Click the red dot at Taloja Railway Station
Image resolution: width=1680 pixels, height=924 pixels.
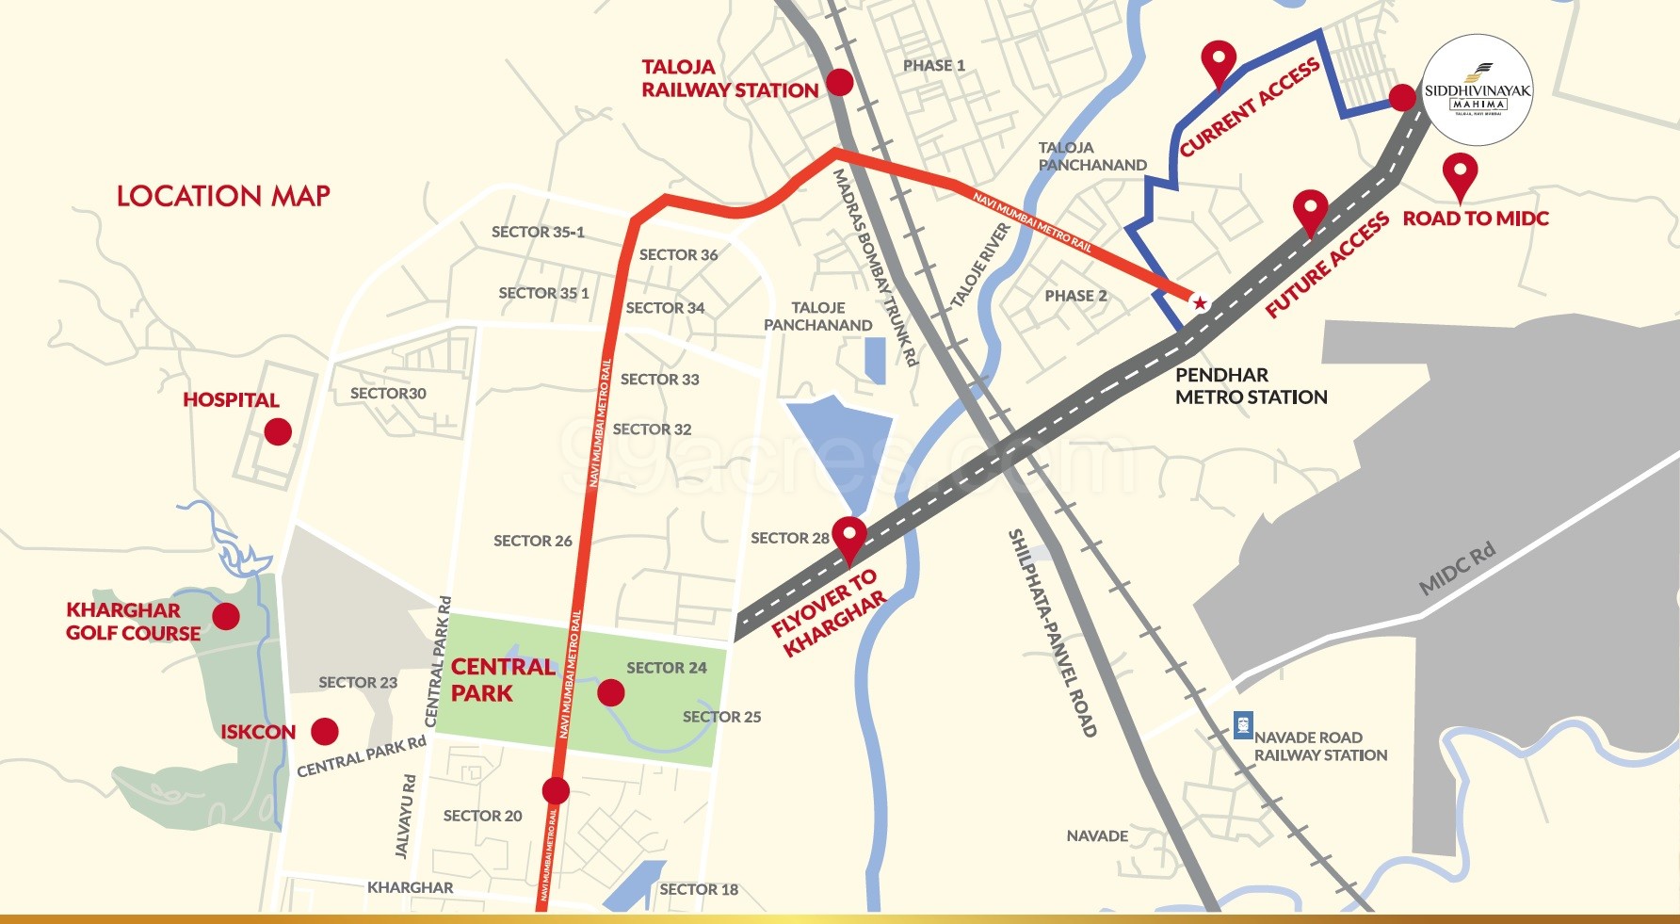(838, 82)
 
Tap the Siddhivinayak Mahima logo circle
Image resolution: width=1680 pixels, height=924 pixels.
(1477, 90)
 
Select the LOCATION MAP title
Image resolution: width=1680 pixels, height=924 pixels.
(223, 196)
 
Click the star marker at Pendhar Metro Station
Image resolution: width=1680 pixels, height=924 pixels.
(1199, 302)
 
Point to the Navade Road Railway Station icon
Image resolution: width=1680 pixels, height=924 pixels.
(1243, 725)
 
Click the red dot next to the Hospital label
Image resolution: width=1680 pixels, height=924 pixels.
(277, 432)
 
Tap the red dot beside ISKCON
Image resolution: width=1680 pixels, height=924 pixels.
(325, 732)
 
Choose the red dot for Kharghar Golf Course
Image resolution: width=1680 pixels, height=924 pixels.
(226, 617)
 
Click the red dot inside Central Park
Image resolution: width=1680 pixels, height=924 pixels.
(611, 693)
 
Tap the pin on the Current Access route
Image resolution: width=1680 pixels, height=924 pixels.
(1219, 61)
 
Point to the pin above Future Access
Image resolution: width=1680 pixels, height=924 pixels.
(1310, 210)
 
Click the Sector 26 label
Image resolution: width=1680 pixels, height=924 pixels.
(532, 541)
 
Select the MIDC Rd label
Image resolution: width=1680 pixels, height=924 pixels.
(1457, 570)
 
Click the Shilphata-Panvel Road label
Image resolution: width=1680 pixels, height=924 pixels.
(1052, 632)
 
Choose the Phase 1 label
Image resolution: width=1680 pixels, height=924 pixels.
(933, 66)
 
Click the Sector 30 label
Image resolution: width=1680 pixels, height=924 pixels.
(388, 394)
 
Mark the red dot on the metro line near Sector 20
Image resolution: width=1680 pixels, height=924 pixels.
(556, 790)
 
